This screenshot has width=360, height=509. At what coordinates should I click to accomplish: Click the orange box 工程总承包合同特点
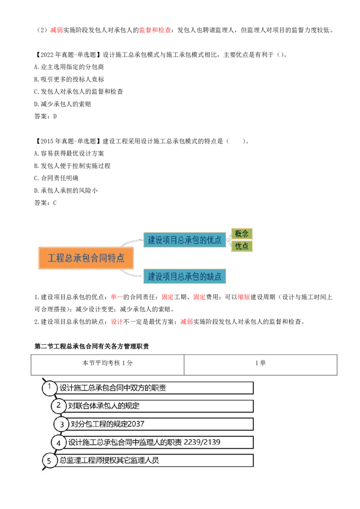pos(86,258)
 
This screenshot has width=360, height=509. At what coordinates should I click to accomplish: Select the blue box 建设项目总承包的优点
pos(184,240)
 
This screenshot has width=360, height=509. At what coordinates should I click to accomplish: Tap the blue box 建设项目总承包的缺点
pos(184,276)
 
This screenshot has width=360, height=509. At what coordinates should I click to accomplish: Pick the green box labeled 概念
pos(242,234)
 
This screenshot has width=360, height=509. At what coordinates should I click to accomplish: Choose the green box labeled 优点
pos(242,246)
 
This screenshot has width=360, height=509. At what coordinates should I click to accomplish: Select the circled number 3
pos(62,424)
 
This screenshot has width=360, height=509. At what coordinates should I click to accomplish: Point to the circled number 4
pos(58,442)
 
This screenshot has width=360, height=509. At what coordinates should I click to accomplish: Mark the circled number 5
pos(49,460)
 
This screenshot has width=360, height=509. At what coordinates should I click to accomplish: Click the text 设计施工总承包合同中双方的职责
pos(112,388)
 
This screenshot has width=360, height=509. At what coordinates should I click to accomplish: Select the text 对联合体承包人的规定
pos(103,406)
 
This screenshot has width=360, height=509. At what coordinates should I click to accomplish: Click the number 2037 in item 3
pos(136,424)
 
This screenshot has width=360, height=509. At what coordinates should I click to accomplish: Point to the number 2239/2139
pos(202,442)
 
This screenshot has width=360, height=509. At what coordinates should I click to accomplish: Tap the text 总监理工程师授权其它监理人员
pos(109,460)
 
